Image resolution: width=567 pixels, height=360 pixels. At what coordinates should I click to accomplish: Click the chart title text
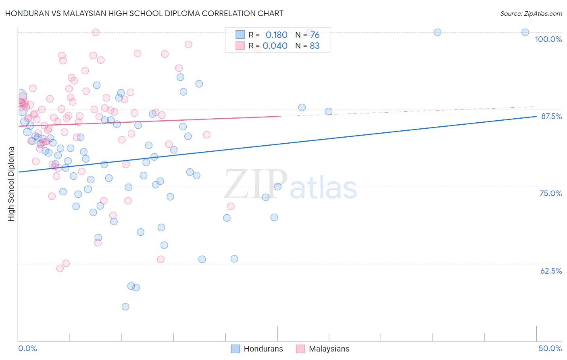pyautogui.click(x=144, y=13)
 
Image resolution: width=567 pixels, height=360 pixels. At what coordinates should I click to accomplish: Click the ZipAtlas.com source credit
pyautogui.click(x=531, y=13)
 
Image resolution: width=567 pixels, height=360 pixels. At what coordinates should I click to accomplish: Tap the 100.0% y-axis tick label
pyautogui.click(x=548, y=39)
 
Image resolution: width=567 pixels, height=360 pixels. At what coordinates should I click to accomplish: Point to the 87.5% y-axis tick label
pyautogui.click(x=551, y=116)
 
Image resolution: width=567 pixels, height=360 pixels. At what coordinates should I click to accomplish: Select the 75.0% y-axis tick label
pyautogui.click(x=550, y=193)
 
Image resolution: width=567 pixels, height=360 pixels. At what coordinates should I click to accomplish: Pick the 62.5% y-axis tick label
pyautogui.click(x=551, y=271)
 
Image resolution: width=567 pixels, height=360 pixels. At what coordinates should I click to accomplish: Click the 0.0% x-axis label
pyautogui.click(x=27, y=348)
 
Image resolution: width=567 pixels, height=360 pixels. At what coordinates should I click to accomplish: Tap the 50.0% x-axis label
pyautogui.click(x=550, y=348)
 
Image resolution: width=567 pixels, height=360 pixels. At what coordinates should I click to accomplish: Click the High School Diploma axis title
pyautogui.click(x=11, y=184)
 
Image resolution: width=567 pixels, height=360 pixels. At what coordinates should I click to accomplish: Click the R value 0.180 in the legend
pyautogui.click(x=276, y=35)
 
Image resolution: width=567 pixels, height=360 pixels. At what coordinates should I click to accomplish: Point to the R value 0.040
pyautogui.click(x=275, y=46)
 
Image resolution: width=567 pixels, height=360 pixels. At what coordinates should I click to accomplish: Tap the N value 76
pyautogui.click(x=315, y=35)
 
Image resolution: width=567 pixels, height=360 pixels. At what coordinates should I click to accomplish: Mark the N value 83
pyautogui.click(x=315, y=46)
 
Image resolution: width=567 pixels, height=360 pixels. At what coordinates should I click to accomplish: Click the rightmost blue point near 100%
pyautogui.click(x=525, y=32)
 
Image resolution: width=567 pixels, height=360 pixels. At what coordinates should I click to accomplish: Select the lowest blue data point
pyautogui.click(x=125, y=307)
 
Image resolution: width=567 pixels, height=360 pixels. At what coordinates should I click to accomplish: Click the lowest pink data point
pyautogui.click(x=60, y=268)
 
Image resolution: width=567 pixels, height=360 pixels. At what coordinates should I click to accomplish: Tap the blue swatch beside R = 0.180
pyautogui.click(x=240, y=35)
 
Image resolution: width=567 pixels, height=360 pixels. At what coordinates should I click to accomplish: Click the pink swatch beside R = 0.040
pyautogui.click(x=240, y=46)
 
